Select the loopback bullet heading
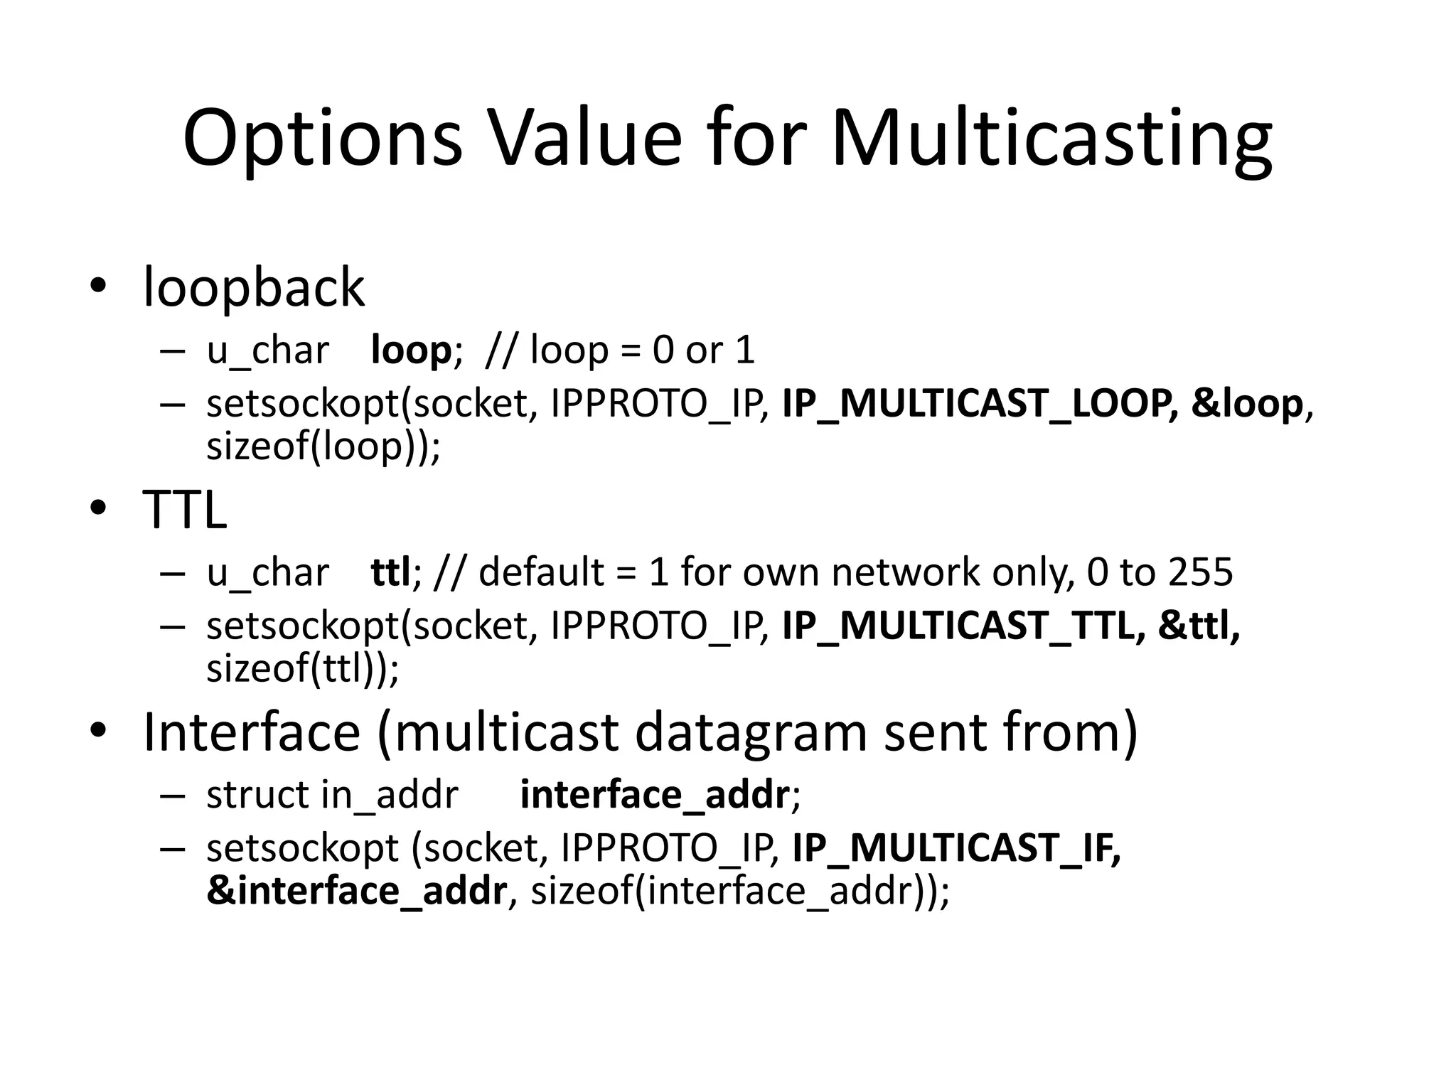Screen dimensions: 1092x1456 click(254, 288)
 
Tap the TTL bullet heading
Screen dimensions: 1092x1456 click(185, 510)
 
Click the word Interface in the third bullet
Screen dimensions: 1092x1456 click(252, 732)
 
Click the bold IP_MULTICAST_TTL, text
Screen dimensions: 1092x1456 click(963, 626)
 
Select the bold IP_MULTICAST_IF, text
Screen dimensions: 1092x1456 click(956, 848)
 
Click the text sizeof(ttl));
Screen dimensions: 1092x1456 click(303, 669)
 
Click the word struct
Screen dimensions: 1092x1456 click(257, 795)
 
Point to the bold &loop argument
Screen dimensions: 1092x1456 click(1247, 404)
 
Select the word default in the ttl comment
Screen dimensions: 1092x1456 click(541, 572)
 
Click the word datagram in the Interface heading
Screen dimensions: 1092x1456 click(751, 732)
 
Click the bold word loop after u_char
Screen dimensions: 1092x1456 click(411, 350)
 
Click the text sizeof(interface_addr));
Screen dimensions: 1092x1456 click(740, 891)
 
